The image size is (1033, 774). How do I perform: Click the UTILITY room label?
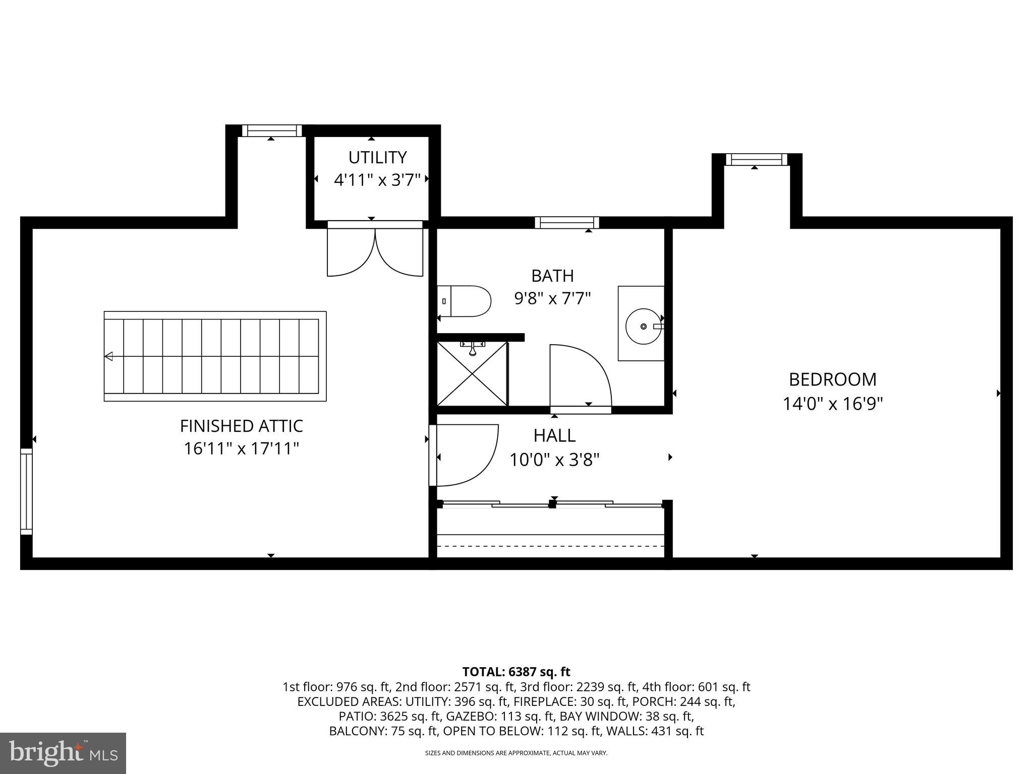(377, 158)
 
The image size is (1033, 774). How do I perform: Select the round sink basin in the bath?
(643, 327)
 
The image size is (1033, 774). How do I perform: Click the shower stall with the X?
(472, 374)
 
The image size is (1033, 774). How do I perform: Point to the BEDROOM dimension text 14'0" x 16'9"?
(833, 404)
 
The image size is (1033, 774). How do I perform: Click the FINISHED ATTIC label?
(241, 426)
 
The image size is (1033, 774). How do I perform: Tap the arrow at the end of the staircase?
(108, 356)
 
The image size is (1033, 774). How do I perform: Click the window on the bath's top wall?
(567, 223)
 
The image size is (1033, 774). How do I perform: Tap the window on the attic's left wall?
(26, 491)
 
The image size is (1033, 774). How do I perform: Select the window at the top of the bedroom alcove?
(756, 160)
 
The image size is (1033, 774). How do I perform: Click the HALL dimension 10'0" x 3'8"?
(554, 460)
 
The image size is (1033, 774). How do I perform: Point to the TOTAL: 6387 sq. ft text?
(516, 672)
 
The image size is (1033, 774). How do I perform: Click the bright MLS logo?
(63, 753)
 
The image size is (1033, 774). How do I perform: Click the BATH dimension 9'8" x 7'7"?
(552, 299)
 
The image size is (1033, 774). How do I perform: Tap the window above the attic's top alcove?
(272, 131)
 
